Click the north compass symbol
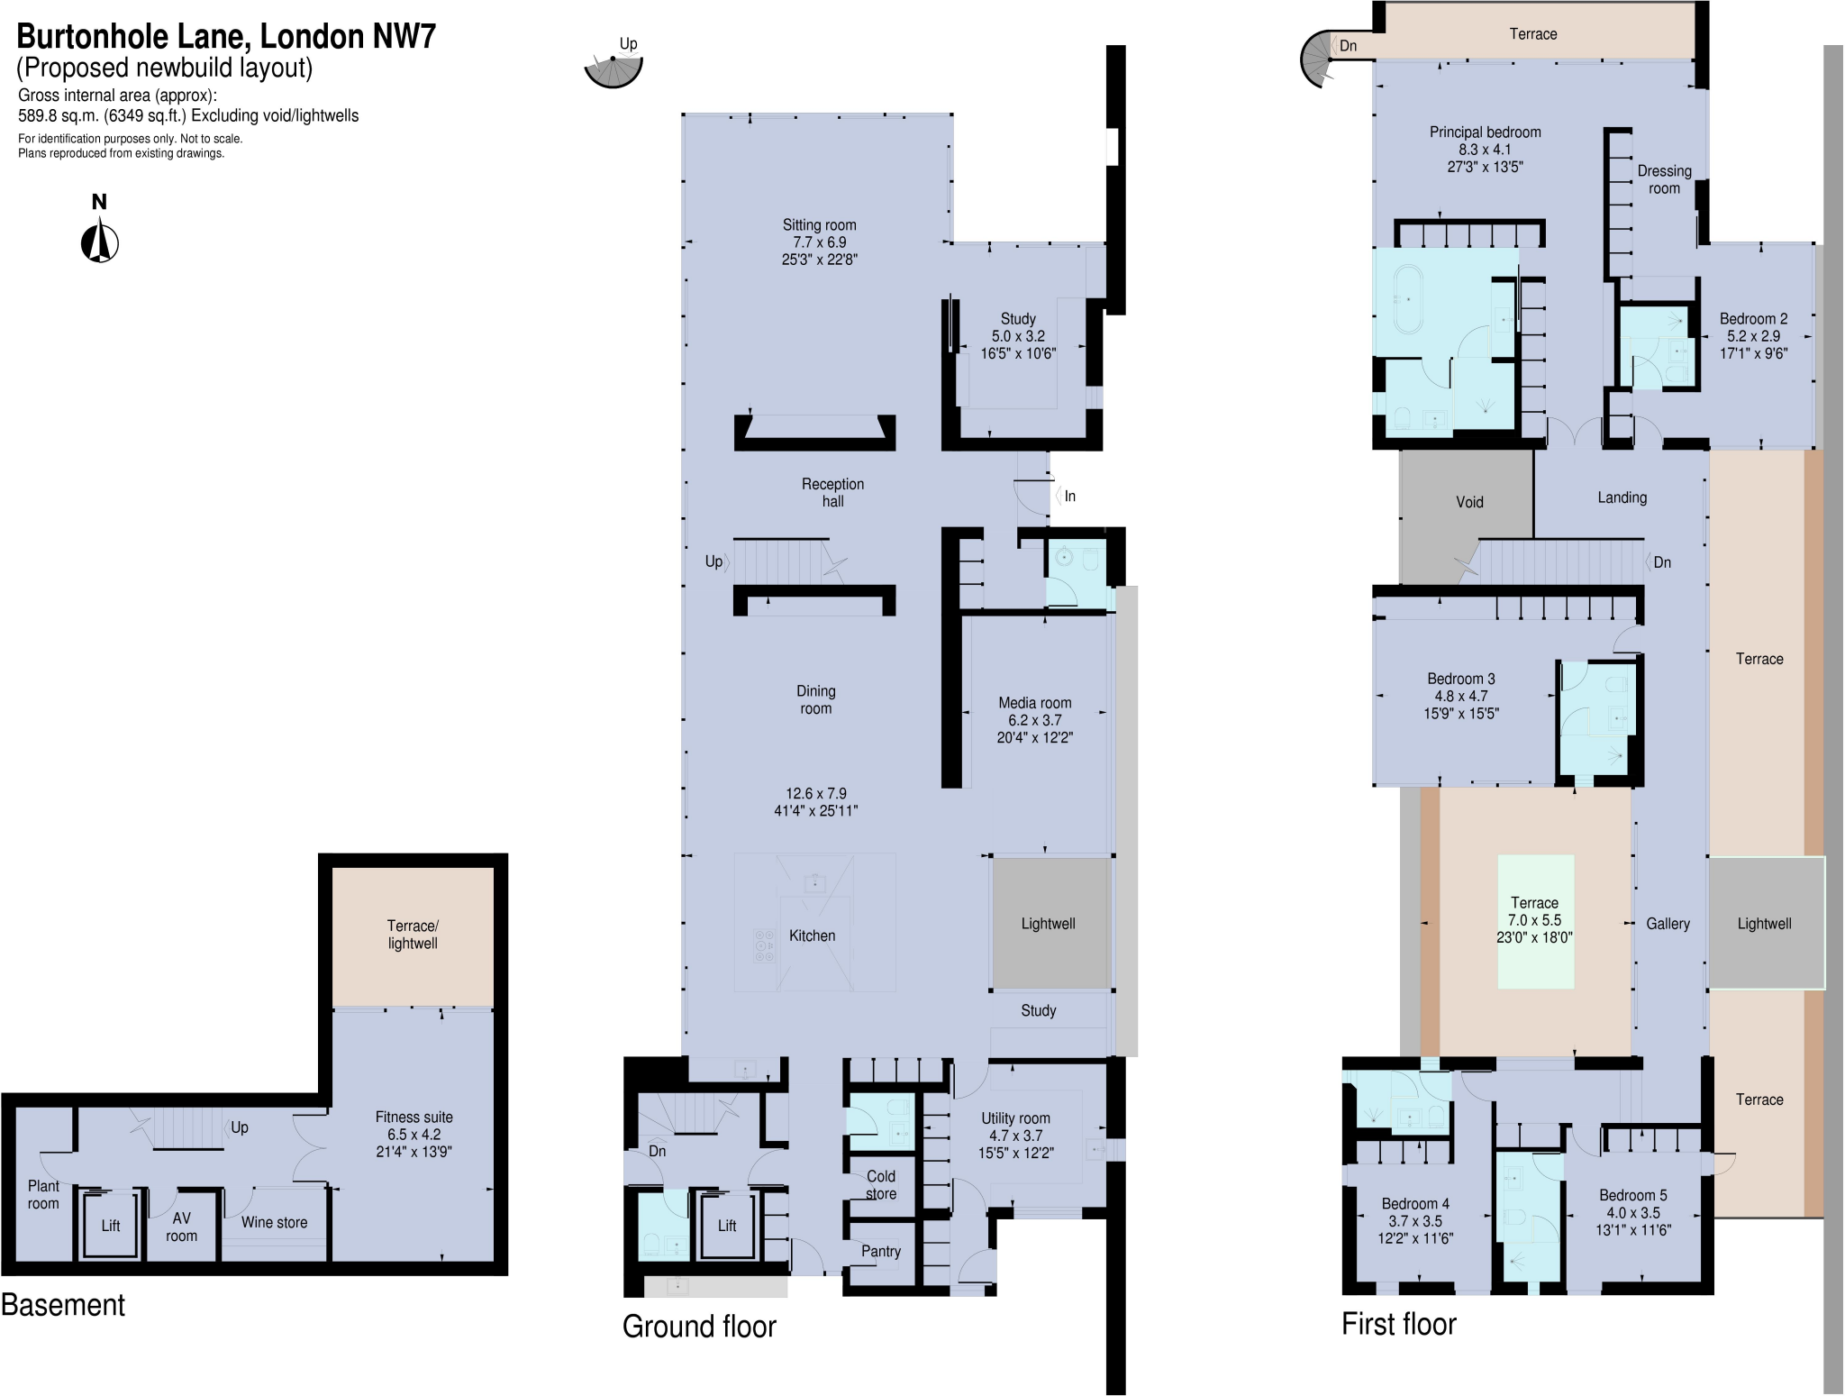100,242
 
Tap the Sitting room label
819,225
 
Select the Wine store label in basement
274,1222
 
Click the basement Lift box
110,1225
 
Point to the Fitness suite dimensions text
414,1143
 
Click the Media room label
1034,703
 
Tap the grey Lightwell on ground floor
1049,924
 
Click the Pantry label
880,1251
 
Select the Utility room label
1015,1118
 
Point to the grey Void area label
1469,502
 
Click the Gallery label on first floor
1668,924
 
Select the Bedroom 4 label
1415,1204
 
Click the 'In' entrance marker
1068,497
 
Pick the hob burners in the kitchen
764,946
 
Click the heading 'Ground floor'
699,1327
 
